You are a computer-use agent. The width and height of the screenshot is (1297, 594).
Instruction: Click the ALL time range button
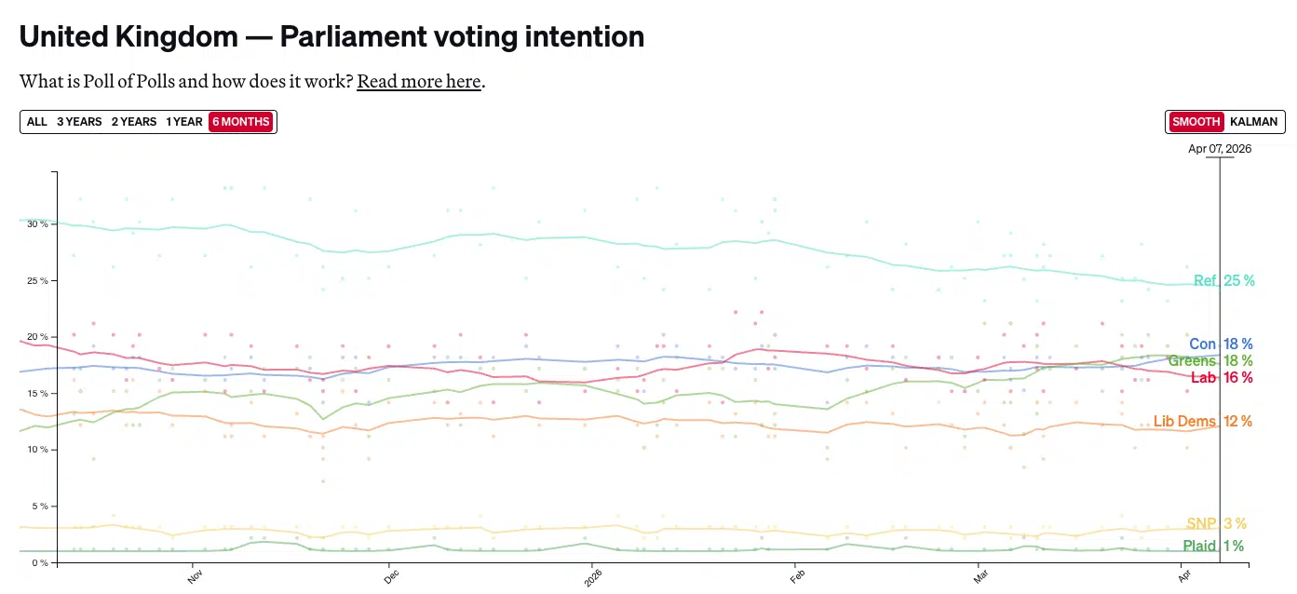(37, 122)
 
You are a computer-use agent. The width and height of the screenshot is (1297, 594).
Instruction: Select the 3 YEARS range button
(79, 122)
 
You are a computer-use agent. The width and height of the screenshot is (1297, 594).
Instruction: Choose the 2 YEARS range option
(134, 122)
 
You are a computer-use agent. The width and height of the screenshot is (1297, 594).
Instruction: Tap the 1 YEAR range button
(184, 122)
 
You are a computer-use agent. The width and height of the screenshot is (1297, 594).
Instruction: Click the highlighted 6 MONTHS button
(241, 122)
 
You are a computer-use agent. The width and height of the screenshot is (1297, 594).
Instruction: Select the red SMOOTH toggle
(1196, 122)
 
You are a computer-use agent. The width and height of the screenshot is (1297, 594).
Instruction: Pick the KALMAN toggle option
(1253, 122)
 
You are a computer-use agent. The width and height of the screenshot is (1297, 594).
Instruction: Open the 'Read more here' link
(419, 82)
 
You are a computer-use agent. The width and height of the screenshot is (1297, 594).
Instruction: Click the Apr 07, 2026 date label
(1220, 149)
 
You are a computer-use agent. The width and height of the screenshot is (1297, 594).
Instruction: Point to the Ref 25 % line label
(1223, 280)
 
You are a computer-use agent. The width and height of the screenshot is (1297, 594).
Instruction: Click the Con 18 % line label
(1220, 344)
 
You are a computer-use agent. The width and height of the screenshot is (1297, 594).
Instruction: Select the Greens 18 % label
(1209, 361)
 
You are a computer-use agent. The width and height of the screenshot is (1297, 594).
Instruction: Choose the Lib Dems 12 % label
(1202, 422)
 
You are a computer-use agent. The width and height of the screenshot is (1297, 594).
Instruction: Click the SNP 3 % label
(1216, 523)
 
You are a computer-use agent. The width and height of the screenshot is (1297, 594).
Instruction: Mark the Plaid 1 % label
(1212, 547)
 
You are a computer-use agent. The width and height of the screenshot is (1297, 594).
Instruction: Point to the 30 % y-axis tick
(37, 224)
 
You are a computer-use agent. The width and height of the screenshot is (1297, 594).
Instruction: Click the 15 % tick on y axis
(37, 393)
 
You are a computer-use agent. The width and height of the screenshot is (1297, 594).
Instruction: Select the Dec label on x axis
(390, 577)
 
